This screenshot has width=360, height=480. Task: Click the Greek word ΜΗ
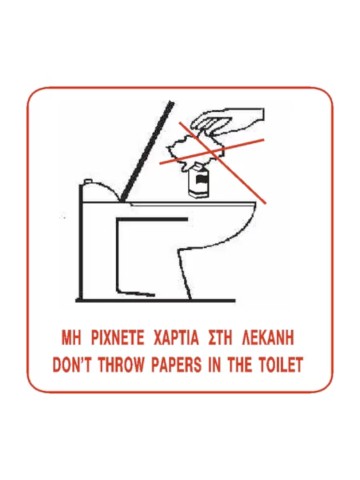(72, 339)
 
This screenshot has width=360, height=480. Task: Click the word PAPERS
(177, 364)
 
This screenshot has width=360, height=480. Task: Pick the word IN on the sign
(214, 364)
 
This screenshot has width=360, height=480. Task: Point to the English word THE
(239, 364)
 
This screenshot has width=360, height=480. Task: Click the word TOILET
(281, 364)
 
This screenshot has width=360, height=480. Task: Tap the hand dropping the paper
(230, 122)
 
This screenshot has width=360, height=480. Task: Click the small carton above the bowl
(199, 181)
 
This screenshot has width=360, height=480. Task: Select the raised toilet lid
(147, 152)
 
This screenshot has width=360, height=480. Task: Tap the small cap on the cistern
(88, 181)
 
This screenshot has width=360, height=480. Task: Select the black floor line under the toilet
(155, 301)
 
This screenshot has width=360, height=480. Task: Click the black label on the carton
(201, 180)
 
